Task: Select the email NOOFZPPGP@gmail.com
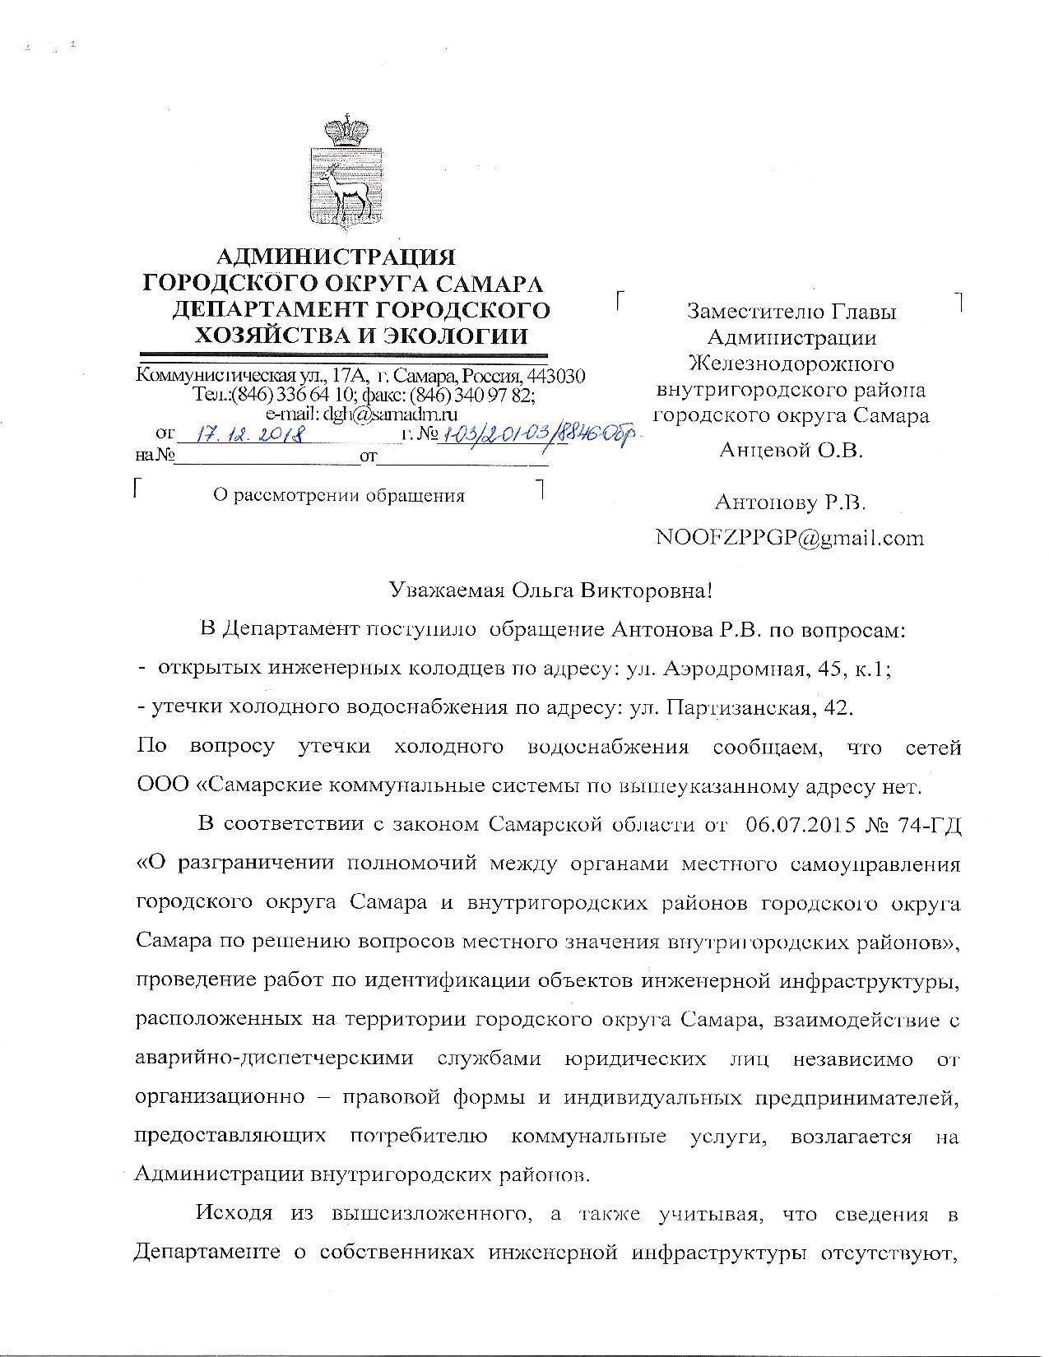coord(789,538)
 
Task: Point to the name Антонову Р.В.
coord(790,502)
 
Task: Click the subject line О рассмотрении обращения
coord(338,495)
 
